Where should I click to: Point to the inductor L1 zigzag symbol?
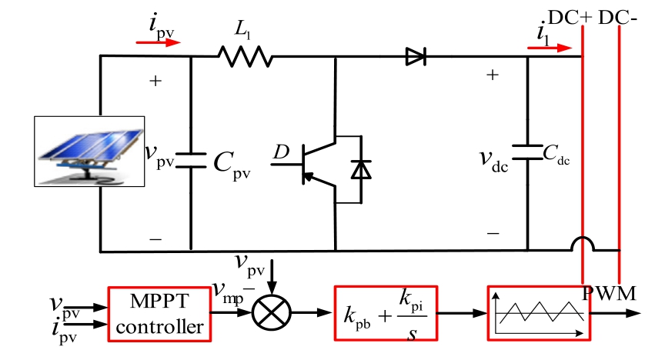pyautogui.click(x=246, y=56)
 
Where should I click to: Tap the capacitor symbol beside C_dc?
pyautogui.click(x=528, y=151)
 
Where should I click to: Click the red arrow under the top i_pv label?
pyautogui.click(x=158, y=43)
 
